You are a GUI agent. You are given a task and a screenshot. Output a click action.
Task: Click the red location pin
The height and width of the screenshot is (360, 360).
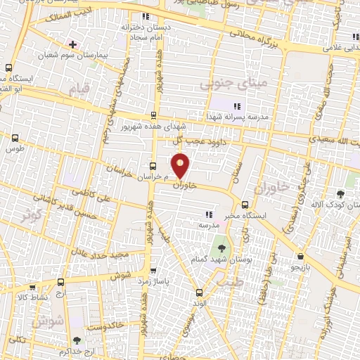181,167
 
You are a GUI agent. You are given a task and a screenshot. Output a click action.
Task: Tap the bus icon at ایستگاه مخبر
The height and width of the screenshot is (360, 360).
244,206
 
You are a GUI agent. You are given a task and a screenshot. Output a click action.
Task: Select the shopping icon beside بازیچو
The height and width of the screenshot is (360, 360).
301,256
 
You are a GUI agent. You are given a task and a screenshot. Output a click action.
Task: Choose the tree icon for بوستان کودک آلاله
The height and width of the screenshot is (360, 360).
341,193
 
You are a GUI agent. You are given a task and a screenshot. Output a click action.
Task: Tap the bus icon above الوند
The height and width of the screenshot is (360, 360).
200,292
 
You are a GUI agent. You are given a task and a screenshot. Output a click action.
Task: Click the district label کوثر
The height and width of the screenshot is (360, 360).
31,215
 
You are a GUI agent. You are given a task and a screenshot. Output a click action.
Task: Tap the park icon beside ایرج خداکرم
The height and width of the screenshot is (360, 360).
77,341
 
